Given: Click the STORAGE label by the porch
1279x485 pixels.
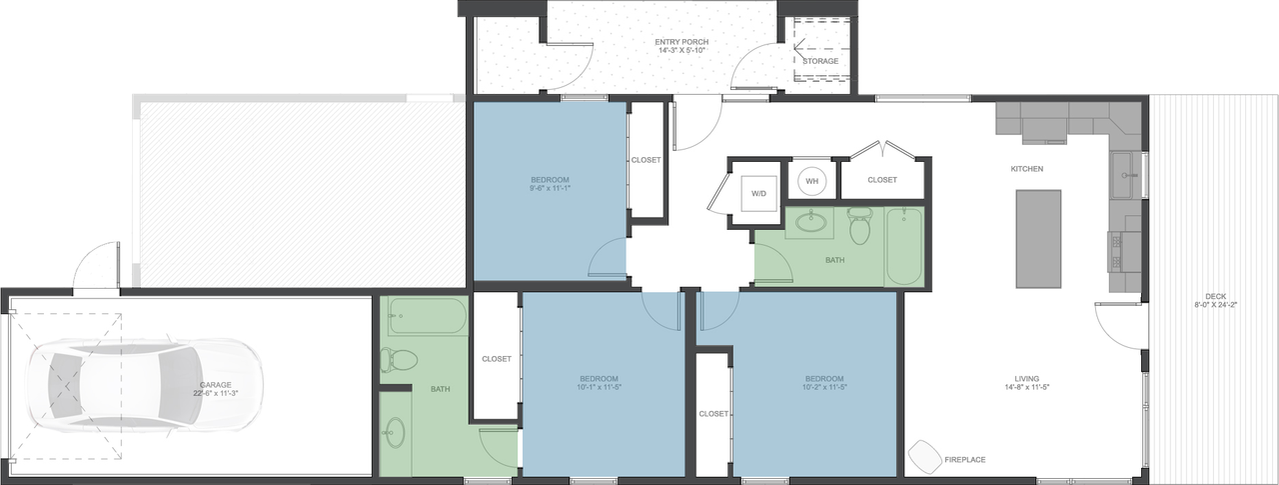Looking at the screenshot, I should [820, 61].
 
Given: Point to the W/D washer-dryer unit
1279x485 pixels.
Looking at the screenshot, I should [757, 193].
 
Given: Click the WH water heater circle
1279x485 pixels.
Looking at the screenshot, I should [811, 181].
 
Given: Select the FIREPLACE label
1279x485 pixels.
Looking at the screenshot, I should [964, 460].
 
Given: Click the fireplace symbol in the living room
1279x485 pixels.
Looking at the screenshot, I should [923, 456].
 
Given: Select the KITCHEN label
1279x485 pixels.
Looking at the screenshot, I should [1026, 169].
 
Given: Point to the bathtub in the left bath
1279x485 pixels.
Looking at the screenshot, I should [428, 316].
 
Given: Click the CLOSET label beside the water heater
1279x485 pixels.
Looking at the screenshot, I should [881, 180].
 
